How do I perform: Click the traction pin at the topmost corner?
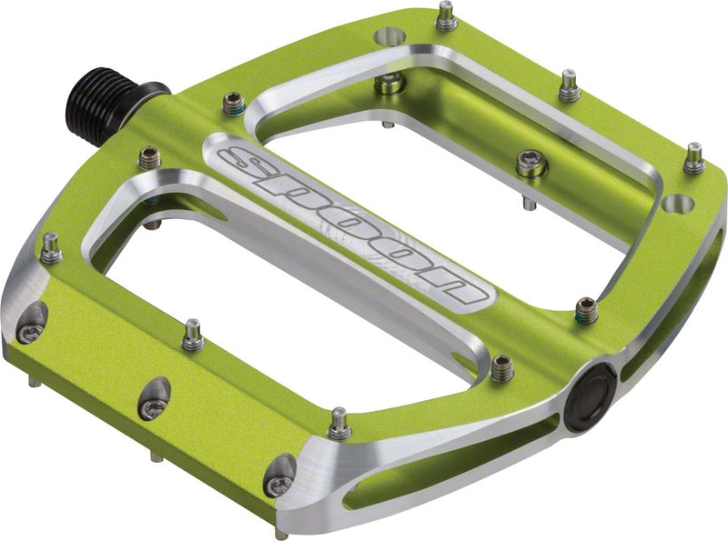tap(445, 15)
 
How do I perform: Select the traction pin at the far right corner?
tap(693, 158)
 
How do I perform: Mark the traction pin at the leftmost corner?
tap(50, 247)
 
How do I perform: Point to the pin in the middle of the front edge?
tap(192, 336)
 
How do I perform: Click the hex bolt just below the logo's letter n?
tap(501, 367)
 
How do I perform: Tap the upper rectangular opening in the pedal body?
tap(455, 145)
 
